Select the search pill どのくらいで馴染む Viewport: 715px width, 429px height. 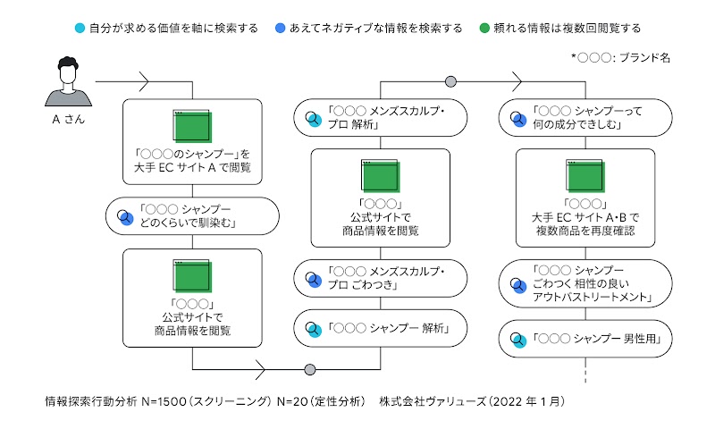click(192, 215)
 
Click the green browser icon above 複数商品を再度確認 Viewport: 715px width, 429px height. click(586, 175)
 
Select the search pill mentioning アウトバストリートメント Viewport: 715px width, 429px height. click(586, 283)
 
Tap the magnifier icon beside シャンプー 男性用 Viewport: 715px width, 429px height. click(518, 339)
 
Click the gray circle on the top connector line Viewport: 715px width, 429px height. click(450, 82)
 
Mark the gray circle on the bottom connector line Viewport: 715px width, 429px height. click(310, 369)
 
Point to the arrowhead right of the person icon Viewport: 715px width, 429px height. click(142, 82)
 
